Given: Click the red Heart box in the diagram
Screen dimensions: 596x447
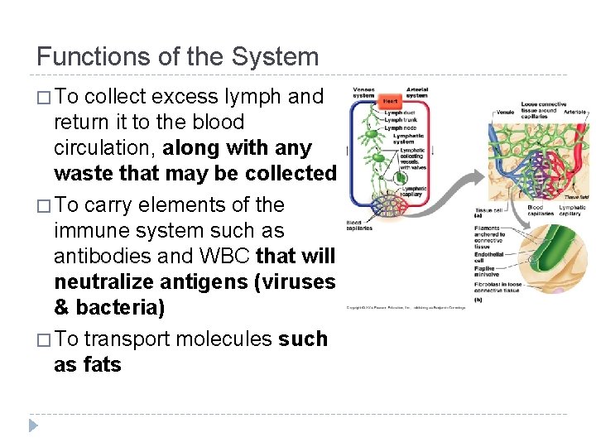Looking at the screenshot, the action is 390,101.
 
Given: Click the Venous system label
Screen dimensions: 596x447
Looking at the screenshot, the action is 363,92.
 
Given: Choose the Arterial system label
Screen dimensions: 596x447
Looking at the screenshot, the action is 416,92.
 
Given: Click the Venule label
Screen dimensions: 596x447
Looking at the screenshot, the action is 504,112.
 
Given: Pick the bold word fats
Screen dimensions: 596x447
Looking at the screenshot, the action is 100,364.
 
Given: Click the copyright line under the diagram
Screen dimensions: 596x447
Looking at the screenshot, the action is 406,308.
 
